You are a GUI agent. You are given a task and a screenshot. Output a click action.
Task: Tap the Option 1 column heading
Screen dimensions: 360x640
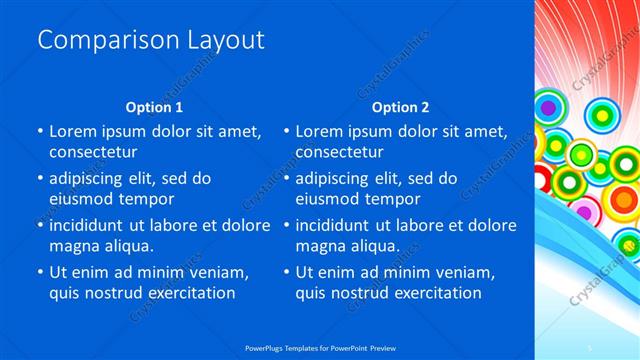click(154, 107)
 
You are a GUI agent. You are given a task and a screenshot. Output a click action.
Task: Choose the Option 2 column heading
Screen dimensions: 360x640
click(400, 107)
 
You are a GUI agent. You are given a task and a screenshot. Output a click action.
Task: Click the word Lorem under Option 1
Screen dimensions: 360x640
click(73, 131)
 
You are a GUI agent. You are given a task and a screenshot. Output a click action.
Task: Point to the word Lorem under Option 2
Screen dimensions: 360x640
click(320, 131)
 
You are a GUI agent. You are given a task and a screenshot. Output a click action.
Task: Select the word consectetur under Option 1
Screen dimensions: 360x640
click(93, 153)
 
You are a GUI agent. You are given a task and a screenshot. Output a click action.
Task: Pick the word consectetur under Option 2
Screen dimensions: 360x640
click(340, 153)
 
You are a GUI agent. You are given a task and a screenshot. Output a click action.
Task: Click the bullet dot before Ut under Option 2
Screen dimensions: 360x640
click(286, 271)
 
